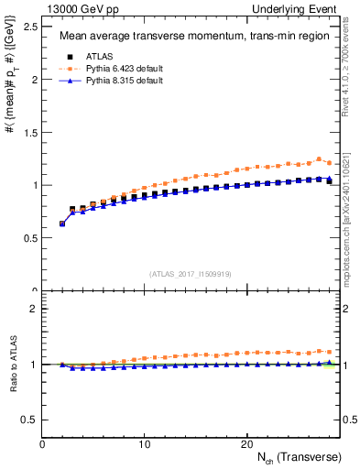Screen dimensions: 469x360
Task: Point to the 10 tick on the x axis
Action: (145, 443)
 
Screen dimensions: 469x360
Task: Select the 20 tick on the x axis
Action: (246, 443)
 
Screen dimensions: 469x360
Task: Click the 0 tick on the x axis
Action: (43, 443)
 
